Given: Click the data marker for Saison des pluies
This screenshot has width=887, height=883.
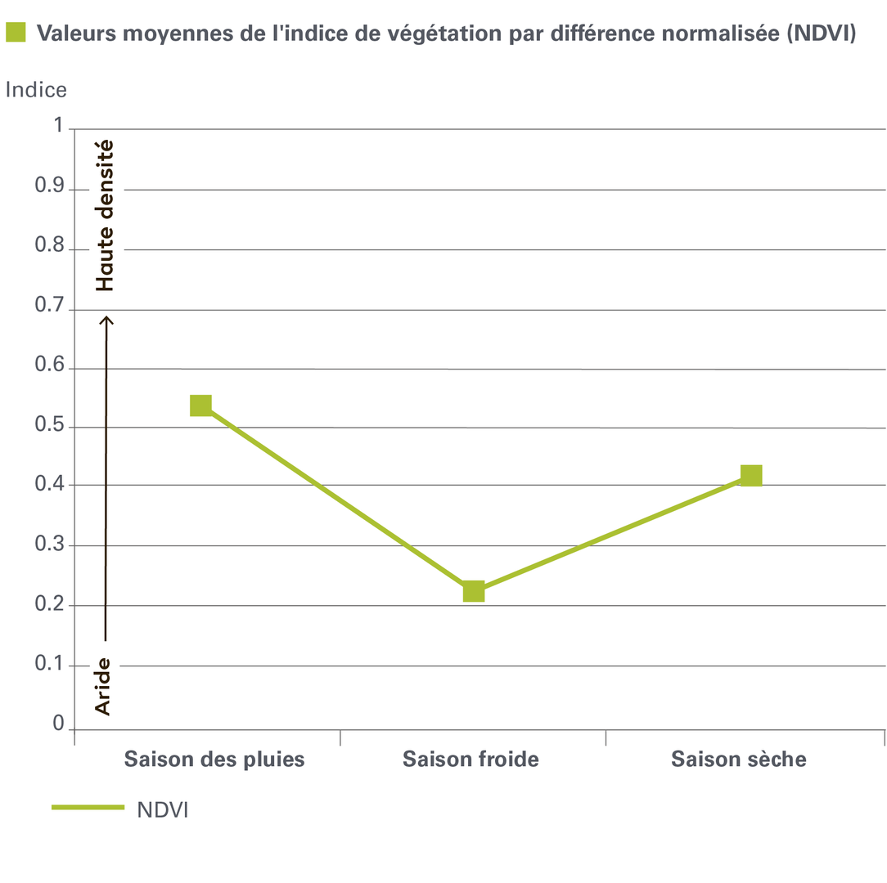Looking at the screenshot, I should click(201, 406).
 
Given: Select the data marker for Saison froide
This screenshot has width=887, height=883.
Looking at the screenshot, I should click(474, 591).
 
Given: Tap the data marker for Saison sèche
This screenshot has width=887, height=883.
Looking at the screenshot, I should click(751, 476).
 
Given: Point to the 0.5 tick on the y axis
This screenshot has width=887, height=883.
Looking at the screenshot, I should click(48, 428).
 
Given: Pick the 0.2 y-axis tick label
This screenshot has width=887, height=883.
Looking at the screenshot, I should click(48, 605).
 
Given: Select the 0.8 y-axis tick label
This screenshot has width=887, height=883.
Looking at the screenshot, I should click(48, 249).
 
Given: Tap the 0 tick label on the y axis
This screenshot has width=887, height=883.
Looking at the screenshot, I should click(57, 724).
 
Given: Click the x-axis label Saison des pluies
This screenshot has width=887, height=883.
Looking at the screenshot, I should click(214, 760).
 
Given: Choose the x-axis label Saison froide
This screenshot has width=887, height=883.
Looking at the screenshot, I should click(471, 760).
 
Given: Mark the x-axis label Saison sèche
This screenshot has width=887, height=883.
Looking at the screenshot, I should click(739, 760).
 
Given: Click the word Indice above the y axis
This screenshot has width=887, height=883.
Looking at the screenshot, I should click(36, 90).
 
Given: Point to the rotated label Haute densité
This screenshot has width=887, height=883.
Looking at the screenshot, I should click(104, 216).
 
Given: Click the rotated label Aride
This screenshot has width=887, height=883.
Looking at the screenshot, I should click(103, 686).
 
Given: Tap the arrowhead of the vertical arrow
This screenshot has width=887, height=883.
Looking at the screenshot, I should click(106, 320).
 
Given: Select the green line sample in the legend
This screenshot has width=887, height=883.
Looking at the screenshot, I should click(88, 808).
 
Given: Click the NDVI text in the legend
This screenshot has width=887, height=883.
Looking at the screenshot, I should click(163, 809).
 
